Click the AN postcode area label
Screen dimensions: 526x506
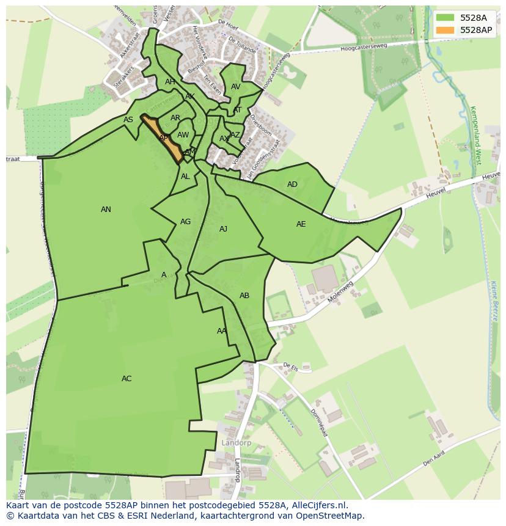point(106,210)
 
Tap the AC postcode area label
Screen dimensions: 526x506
point(127,379)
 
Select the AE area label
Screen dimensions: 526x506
point(301,224)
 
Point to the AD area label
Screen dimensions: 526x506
point(292,184)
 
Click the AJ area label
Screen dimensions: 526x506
point(223,229)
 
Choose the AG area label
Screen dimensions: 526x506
point(185,222)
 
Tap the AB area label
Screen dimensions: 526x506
point(244,296)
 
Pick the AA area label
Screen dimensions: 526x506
point(221,331)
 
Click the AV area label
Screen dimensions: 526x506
point(235,87)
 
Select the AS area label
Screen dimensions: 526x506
point(128,120)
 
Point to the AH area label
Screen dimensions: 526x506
point(170,82)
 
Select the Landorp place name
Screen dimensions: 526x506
point(236,442)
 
